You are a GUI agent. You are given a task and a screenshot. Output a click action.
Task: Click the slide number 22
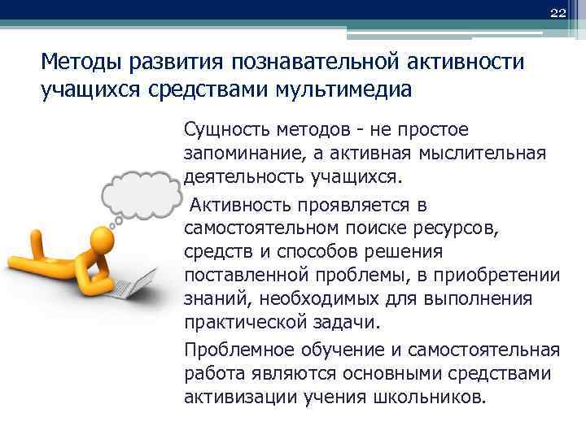coord(557,12)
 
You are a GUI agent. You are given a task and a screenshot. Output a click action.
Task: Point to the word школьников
coord(431,398)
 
